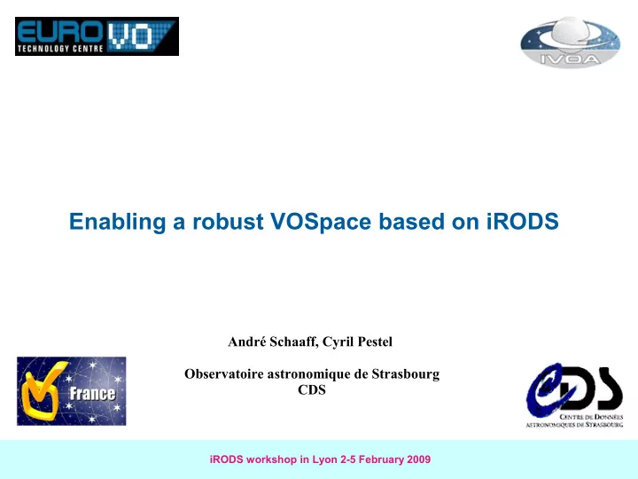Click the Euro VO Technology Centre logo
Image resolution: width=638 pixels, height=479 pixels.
[97, 36]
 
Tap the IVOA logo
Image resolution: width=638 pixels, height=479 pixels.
[571, 42]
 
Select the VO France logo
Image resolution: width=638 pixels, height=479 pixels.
[72, 391]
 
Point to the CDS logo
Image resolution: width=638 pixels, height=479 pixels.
[574, 395]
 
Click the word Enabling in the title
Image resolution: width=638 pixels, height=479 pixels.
[117, 222]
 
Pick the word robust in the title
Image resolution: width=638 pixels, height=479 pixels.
[228, 222]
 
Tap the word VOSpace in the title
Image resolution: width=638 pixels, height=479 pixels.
[321, 222]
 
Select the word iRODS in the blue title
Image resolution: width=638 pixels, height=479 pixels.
[523, 221]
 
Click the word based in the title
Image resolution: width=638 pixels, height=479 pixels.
[411, 222]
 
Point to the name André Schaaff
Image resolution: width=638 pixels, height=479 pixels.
[273, 342]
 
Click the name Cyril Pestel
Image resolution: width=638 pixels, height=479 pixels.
[357, 342]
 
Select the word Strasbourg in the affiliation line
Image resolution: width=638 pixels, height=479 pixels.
[406, 374]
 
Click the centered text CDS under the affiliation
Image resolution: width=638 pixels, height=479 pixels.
[312, 389]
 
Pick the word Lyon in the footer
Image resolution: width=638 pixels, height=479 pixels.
[324, 459]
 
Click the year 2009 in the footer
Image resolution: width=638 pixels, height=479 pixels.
[418, 459]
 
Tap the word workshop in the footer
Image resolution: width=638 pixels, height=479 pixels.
[271, 459]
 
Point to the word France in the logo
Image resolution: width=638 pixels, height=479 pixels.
[92, 394]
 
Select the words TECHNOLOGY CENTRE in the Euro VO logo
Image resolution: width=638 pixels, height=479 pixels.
[60, 49]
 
